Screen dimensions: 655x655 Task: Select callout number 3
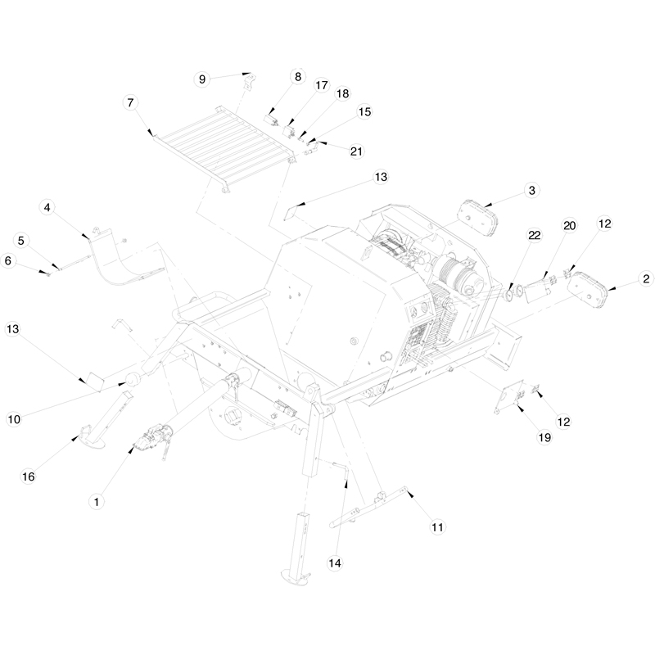531,190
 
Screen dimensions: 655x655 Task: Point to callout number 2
646,278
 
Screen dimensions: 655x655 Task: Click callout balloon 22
534,235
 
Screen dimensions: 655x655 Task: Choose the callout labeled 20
569,225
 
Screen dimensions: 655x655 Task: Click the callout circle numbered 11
437,527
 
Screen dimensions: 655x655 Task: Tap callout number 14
334,562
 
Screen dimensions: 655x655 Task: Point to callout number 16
28,477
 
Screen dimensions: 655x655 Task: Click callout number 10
14,419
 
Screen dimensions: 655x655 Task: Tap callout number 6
9,260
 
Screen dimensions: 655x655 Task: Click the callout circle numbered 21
356,151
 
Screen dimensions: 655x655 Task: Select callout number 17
320,85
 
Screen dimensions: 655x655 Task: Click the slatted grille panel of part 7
221,143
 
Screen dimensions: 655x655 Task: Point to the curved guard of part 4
123,258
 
